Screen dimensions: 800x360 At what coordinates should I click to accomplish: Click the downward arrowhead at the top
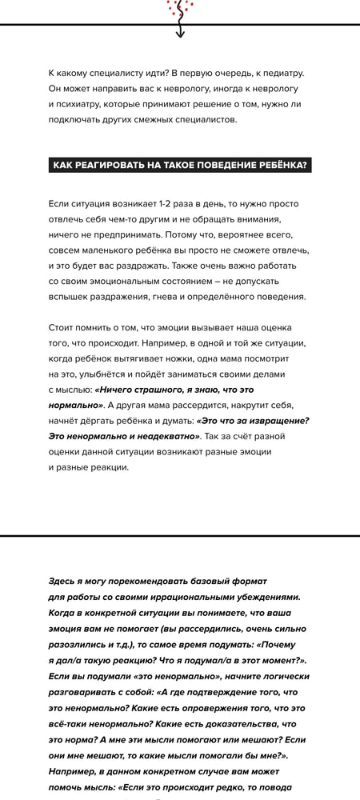(x=180, y=34)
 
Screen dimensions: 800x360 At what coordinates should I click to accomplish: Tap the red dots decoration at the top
(x=177, y=7)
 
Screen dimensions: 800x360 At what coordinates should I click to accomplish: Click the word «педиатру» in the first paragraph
(x=282, y=73)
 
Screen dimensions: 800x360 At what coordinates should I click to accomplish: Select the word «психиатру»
(x=87, y=104)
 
